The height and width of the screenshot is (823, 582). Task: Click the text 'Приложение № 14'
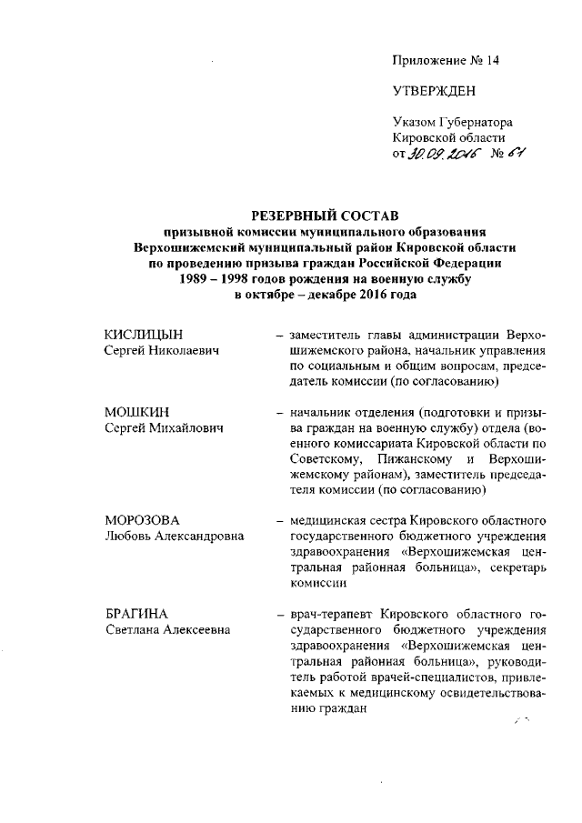(446, 61)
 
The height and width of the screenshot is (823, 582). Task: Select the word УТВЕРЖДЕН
(434, 92)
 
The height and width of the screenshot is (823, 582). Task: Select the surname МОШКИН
(131, 412)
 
